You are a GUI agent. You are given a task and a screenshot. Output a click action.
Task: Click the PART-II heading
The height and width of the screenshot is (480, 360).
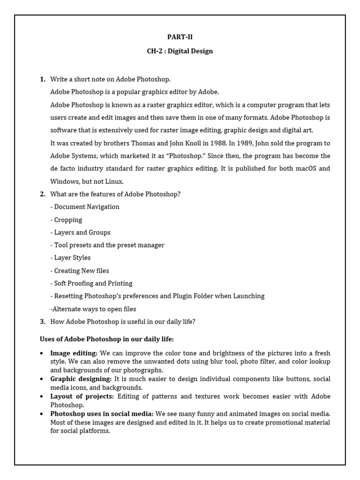tap(180, 37)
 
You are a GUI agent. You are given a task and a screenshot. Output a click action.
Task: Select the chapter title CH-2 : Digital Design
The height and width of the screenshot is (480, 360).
tap(180, 51)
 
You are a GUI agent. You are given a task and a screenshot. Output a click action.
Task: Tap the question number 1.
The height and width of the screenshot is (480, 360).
tap(42, 79)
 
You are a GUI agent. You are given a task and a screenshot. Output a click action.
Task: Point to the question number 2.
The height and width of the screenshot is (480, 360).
tap(42, 194)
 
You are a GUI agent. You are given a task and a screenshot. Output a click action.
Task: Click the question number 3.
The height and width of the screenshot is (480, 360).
tap(42, 321)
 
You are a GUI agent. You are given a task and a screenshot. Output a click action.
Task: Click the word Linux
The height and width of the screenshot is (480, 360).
tap(113, 181)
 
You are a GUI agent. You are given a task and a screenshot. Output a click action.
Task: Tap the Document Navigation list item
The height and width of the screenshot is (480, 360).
tap(85, 207)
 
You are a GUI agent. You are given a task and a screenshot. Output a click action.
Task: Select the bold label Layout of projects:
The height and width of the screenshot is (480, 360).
tap(82, 396)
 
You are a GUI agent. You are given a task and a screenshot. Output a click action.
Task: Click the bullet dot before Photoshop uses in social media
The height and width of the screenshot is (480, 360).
tap(42, 414)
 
